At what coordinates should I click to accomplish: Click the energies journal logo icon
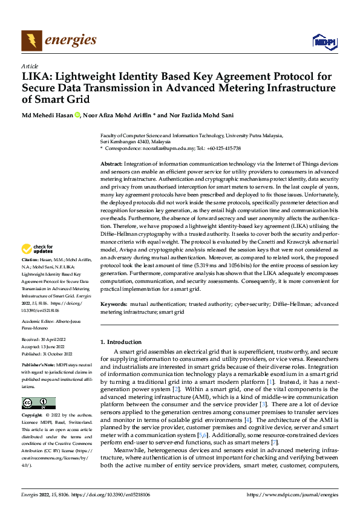pyautogui.click(x=30, y=40)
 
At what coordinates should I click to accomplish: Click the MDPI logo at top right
pyautogui.click(x=323, y=42)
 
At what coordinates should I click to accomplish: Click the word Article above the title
pyautogui.click(x=30, y=66)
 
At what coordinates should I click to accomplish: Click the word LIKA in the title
pyautogui.click(x=34, y=77)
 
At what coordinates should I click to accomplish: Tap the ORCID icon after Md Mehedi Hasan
pyautogui.click(x=77, y=115)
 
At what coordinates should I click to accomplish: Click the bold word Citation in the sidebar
pyautogui.click(x=31, y=276)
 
